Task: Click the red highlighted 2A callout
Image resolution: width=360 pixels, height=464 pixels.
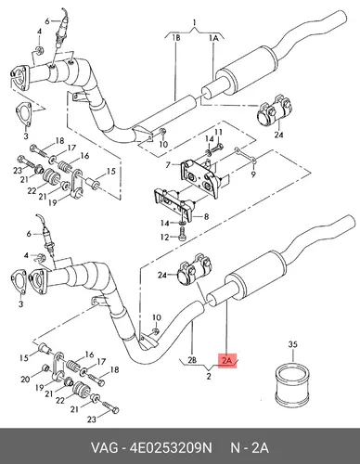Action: pyautogui.click(x=227, y=361)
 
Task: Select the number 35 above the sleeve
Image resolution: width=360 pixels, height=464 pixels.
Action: pyautogui.click(x=292, y=344)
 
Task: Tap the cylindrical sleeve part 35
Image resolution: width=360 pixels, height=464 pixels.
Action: pyautogui.click(x=291, y=385)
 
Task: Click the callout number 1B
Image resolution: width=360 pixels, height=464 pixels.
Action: pyautogui.click(x=176, y=38)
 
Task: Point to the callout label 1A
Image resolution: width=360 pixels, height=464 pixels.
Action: pyautogui.click(x=213, y=38)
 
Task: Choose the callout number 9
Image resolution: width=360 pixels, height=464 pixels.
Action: pyautogui.click(x=253, y=174)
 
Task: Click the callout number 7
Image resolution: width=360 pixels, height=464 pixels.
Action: pyautogui.click(x=168, y=165)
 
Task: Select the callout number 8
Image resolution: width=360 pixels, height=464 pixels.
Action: pyautogui.click(x=206, y=217)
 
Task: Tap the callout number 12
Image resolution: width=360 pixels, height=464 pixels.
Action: pyautogui.click(x=164, y=238)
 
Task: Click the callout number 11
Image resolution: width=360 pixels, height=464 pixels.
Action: pyautogui.click(x=219, y=133)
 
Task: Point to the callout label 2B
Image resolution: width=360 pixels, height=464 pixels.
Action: pyautogui.click(x=192, y=360)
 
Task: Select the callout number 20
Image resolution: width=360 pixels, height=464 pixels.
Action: pyautogui.click(x=25, y=379)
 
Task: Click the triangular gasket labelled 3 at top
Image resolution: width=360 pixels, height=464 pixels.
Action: pyautogui.click(x=24, y=114)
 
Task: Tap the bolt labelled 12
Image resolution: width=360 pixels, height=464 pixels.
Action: pyautogui.click(x=183, y=233)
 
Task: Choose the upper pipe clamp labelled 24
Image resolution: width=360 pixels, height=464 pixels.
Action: pyautogui.click(x=275, y=110)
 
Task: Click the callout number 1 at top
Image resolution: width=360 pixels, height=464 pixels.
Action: pyautogui.click(x=194, y=22)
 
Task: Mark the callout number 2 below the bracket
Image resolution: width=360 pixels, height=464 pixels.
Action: pyautogui.click(x=209, y=377)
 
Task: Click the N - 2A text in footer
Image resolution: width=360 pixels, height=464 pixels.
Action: pyautogui.click(x=250, y=448)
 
